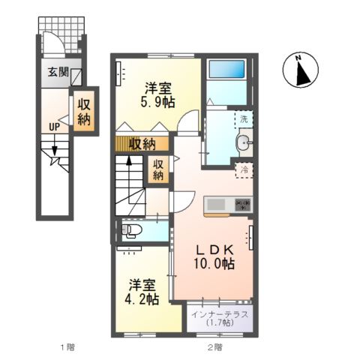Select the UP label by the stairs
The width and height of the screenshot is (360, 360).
[54, 126]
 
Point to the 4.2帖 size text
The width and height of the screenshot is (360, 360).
[142, 299]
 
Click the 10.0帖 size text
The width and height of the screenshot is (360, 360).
[215, 264]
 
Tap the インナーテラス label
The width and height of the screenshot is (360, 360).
[220, 313]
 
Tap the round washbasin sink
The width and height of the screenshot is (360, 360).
[244, 143]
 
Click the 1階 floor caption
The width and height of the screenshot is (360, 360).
[67, 346]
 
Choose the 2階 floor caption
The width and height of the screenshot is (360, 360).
[214, 346]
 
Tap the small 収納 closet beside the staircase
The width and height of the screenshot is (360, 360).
[159, 170]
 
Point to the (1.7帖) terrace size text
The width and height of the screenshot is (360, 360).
[220, 323]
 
